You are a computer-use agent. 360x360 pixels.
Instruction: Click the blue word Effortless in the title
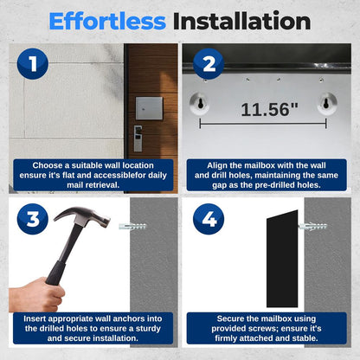[x=107, y=21]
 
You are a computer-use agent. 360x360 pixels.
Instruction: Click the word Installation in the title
[x=241, y=21]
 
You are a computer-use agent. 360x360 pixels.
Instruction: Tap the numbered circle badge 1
[x=33, y=63]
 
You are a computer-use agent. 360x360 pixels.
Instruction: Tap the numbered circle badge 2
[x=209, y=64]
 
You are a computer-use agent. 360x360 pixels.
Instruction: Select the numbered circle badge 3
[x=33, y=219]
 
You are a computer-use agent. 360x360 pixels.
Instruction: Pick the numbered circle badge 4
[x=209, y=219]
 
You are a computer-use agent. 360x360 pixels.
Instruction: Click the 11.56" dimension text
[x=270, y=110]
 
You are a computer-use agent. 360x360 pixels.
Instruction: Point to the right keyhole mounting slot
[x=326, y=102]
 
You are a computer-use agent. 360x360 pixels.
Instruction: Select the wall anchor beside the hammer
[x=133, y=226]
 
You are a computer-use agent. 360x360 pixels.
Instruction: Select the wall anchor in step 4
[x=313, y=227]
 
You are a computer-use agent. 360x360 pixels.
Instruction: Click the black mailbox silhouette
[x=282, y=259]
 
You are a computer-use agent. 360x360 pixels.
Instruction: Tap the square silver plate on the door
[x=149, y=108]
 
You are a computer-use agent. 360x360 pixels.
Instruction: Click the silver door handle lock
[x=138, y=138]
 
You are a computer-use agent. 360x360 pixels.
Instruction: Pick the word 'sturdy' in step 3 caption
[x=148, y=329]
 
